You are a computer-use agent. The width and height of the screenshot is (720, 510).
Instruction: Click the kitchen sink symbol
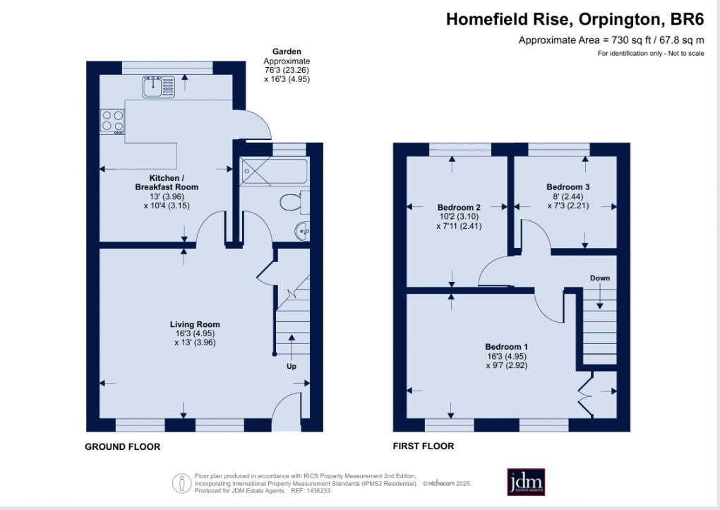tap(158, 88)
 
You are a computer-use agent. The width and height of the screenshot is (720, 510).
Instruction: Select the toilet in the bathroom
tap(292, 203)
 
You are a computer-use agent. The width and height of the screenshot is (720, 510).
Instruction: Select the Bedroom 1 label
tap(506, 356)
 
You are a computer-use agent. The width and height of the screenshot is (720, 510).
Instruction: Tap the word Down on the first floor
tap(599, 278)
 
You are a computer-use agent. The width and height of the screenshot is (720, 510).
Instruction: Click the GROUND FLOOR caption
tap(122, 446)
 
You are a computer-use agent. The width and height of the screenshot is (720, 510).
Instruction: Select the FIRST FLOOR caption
tap(424, 446)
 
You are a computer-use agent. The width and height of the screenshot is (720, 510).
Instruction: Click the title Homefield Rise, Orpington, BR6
tap(575, 20)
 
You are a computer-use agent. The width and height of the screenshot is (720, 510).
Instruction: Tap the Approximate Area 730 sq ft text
tap(611, 40)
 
